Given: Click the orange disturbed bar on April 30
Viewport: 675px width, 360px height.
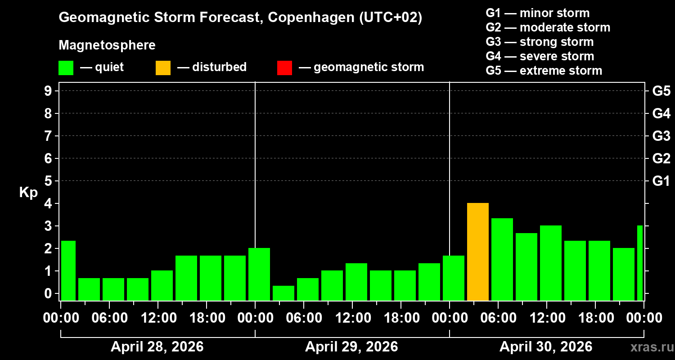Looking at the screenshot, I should pyautogui.click(x=478, y=252).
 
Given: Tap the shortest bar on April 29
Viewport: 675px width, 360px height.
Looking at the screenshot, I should pyautogui.click(x=283, y=293).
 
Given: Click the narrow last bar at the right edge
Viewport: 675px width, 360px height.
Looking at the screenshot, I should pyautogui.click(x=640, y=263).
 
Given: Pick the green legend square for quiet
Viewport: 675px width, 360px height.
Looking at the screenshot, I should pyautogui.click(x=66, y=68).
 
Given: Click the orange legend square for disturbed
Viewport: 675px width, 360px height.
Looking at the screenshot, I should pyautogui.click(x=163, y=68).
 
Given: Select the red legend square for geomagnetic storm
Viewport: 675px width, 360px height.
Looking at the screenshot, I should pyautogui.click(x=285, y=68).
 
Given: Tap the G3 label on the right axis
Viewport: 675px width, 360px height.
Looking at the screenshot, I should pyautogui.click(x=661, y=136).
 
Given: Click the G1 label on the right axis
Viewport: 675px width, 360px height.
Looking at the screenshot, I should pyautogui.click(x=661, y=181).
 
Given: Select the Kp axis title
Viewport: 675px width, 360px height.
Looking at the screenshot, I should pyautogui.click(x=28, y=193).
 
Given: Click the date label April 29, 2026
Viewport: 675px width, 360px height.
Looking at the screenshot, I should pyautogui.click(x=351, y=347).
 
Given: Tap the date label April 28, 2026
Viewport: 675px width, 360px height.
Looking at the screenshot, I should pyautogui.click(x=157, y=347).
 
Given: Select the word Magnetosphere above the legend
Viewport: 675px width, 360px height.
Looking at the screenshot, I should pyautogui.click(x=107, y=45).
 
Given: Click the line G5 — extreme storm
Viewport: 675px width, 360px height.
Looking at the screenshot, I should pyautogui.click(x=544, y=71).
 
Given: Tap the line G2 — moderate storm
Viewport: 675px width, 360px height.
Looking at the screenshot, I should pyautogui.click(x=548, y=27).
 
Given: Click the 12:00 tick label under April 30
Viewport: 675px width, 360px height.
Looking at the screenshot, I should pyautogui.click(x=546, y=318).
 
